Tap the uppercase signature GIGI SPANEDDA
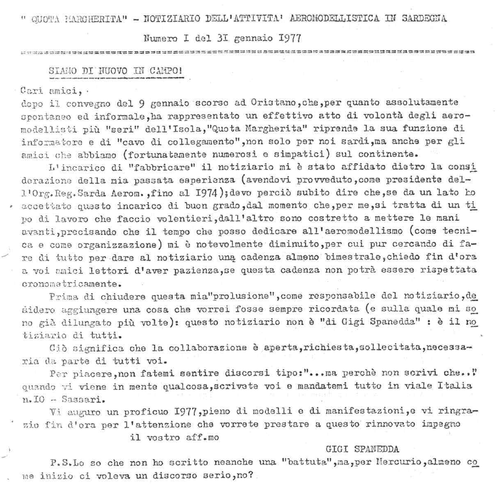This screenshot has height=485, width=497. click(362, 449)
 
